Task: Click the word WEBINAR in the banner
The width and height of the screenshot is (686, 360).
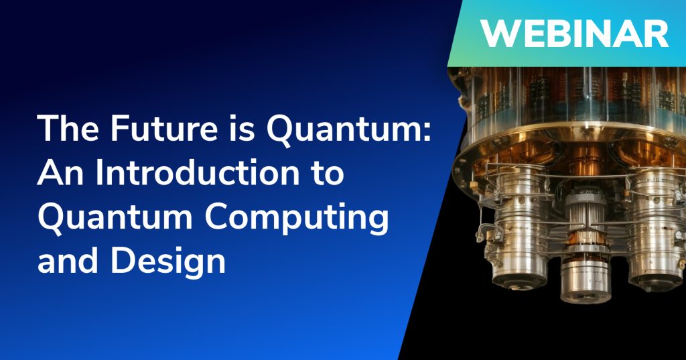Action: (574, 34)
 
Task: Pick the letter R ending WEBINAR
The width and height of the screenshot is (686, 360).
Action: (657, 34)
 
